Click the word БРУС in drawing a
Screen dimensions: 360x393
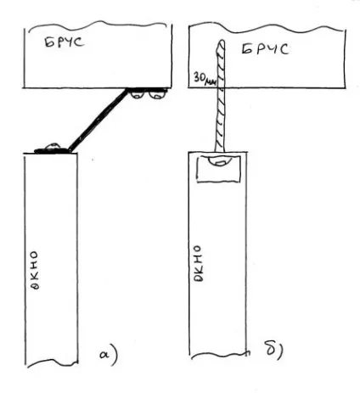65,42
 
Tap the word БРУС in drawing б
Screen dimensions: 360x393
265,49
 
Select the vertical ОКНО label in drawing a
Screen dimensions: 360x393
34,270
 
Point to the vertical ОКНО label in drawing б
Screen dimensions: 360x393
198,263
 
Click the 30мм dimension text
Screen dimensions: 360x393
205,78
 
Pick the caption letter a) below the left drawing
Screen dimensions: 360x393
109,356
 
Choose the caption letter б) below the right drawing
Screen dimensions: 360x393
273,351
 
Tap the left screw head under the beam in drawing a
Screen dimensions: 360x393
137,94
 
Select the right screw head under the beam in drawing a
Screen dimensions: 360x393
156,94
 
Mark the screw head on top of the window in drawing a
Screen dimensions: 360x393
53,146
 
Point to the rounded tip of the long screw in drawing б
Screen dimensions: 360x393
222,42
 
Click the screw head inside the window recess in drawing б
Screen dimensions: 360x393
220,161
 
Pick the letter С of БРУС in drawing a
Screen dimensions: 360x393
80,42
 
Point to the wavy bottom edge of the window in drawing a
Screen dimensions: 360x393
53,362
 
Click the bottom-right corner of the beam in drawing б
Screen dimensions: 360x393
346,87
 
